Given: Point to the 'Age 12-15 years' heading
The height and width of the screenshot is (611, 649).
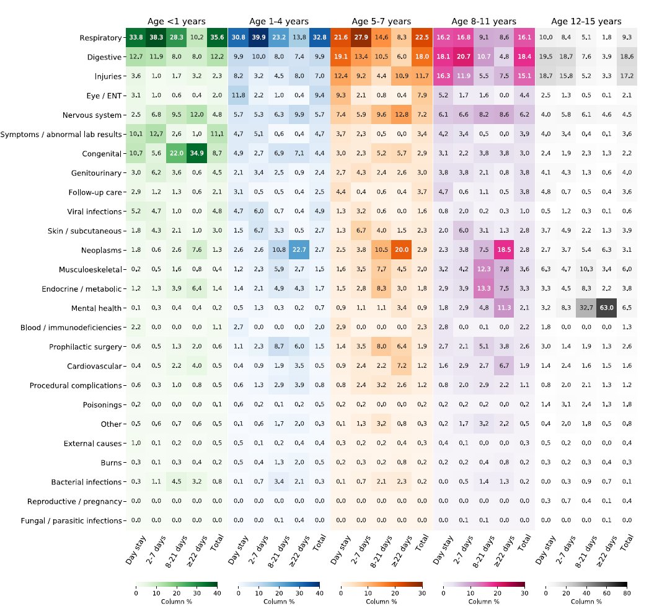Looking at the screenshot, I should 586,22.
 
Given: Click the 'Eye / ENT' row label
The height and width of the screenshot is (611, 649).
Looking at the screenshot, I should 103,96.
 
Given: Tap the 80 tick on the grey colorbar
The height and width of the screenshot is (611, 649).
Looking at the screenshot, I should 627,594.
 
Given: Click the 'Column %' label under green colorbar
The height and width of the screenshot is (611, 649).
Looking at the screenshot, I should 176,602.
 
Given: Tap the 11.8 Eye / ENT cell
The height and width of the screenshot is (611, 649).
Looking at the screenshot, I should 239,96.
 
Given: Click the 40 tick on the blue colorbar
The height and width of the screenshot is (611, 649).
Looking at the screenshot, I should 319,594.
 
